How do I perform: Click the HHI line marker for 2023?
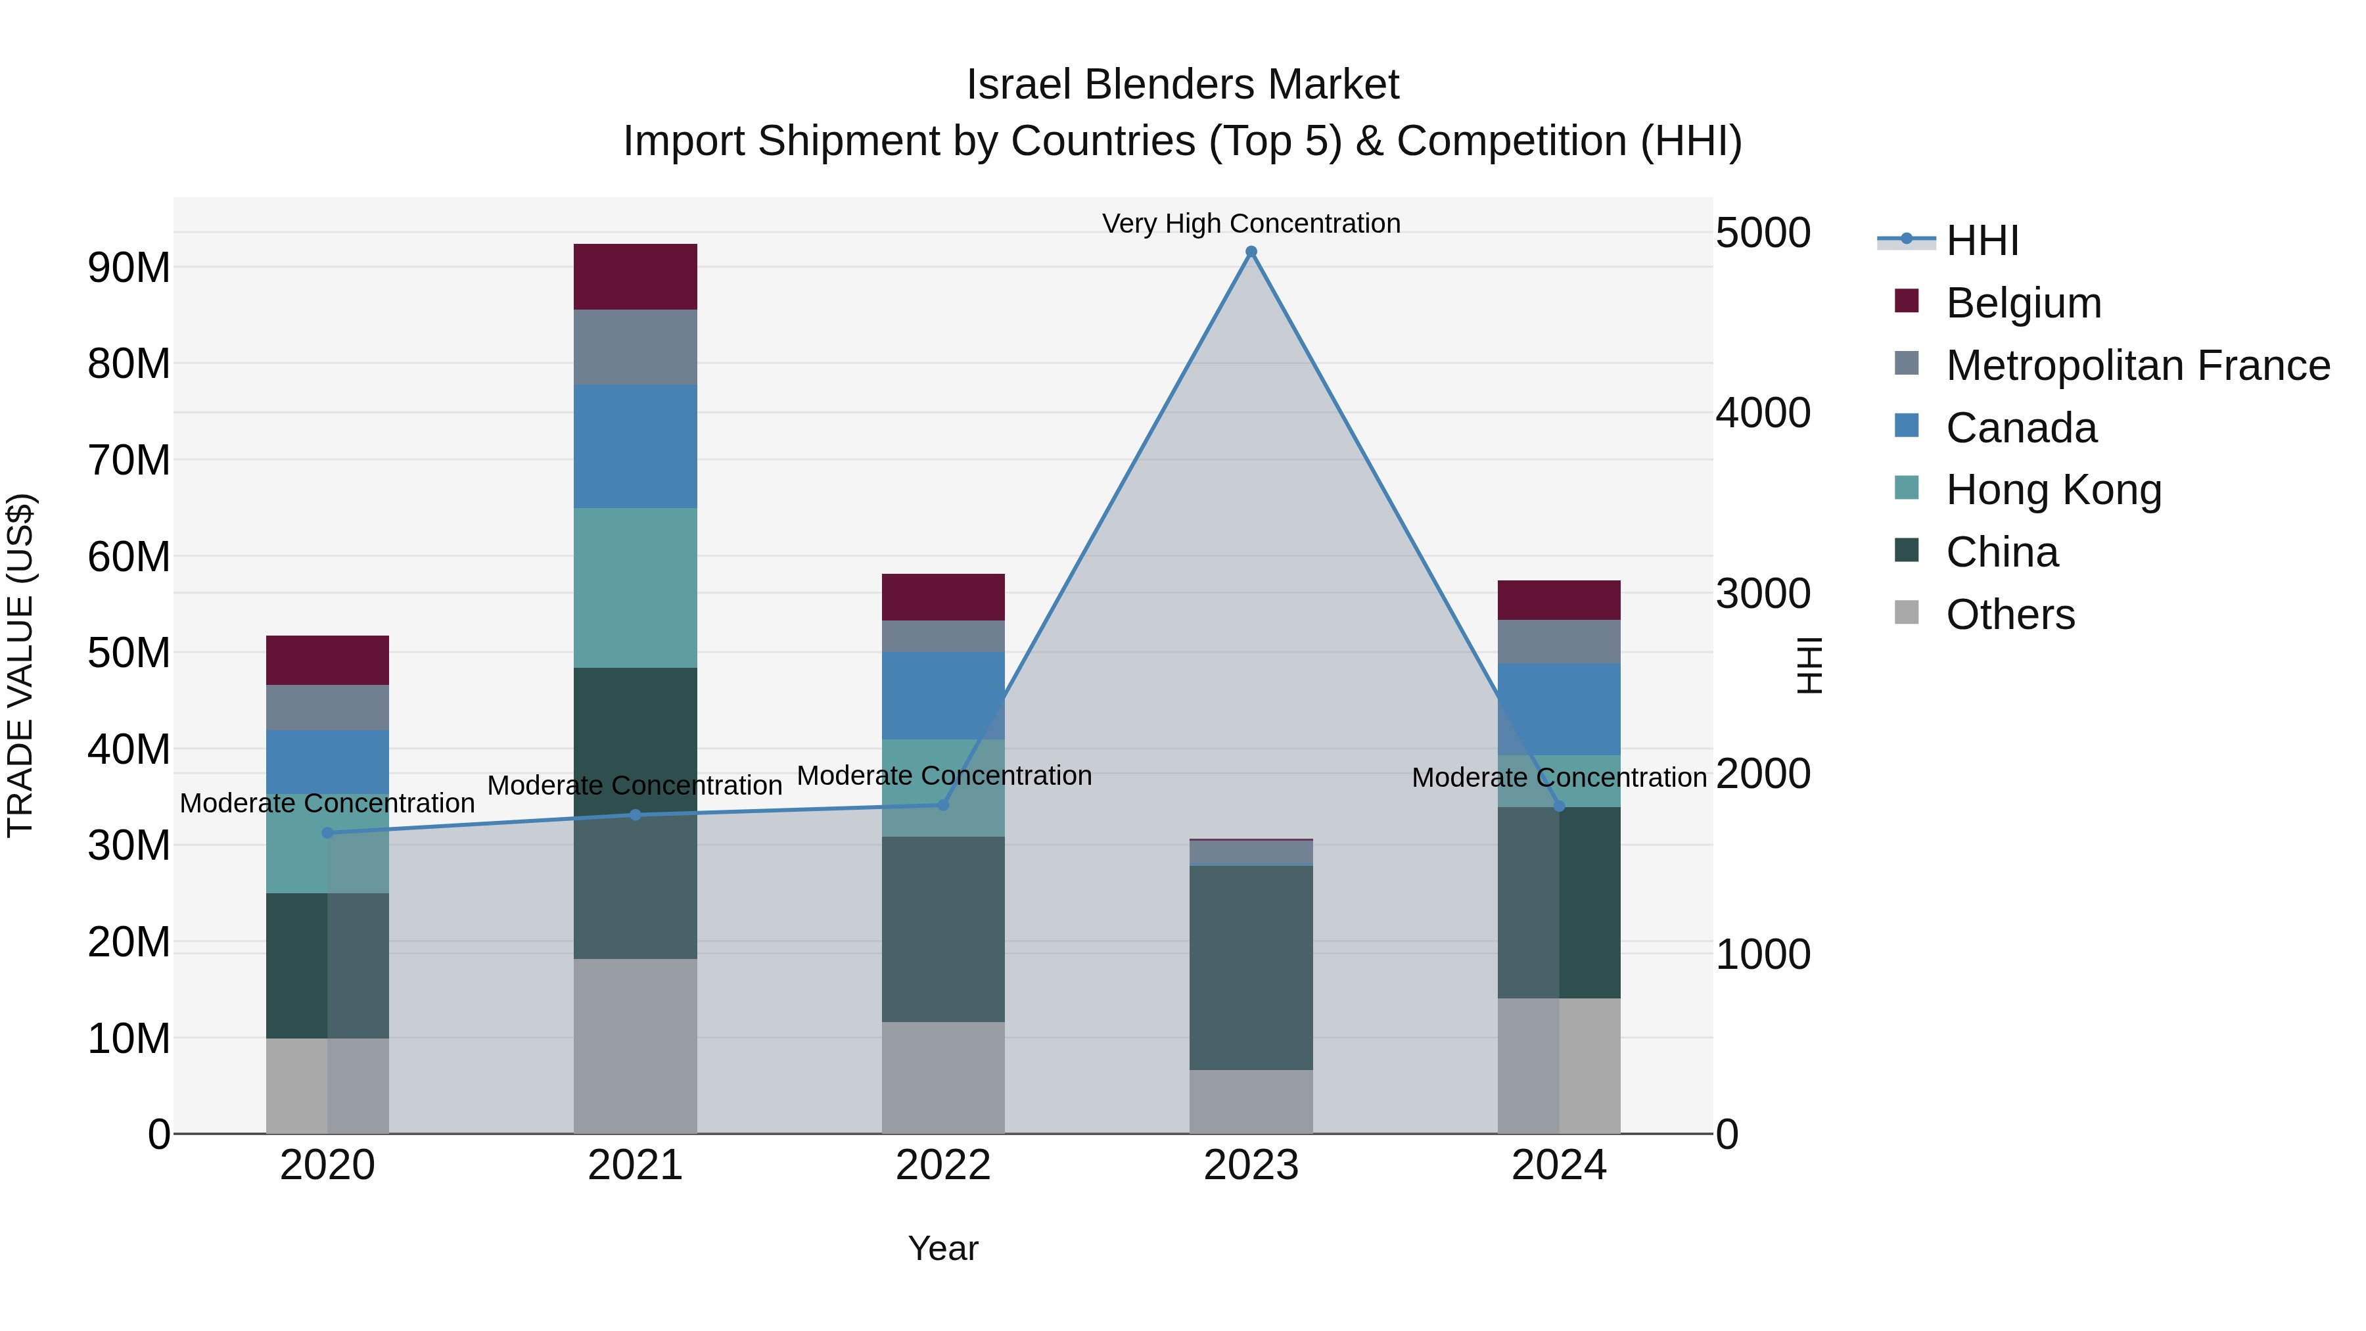(x=1250, y=252)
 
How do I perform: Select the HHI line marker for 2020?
(x=328, y=832)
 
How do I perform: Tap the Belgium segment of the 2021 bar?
(x=635, y=277)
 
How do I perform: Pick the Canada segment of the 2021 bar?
(x=635, y=446)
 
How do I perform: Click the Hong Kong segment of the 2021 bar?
(x=635, y=587)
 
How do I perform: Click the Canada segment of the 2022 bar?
(x=942, y=695)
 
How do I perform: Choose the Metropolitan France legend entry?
(x=2137, y=365)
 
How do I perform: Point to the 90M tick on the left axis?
(x=129, y=268)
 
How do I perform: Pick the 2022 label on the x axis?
(x=942, y=1165)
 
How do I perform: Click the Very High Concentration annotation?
(x=1250, y=223)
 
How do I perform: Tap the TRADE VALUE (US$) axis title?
(x=20, y=665)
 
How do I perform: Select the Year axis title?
(x=942, y=1248)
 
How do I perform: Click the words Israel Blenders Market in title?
(x=1182, y=85)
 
